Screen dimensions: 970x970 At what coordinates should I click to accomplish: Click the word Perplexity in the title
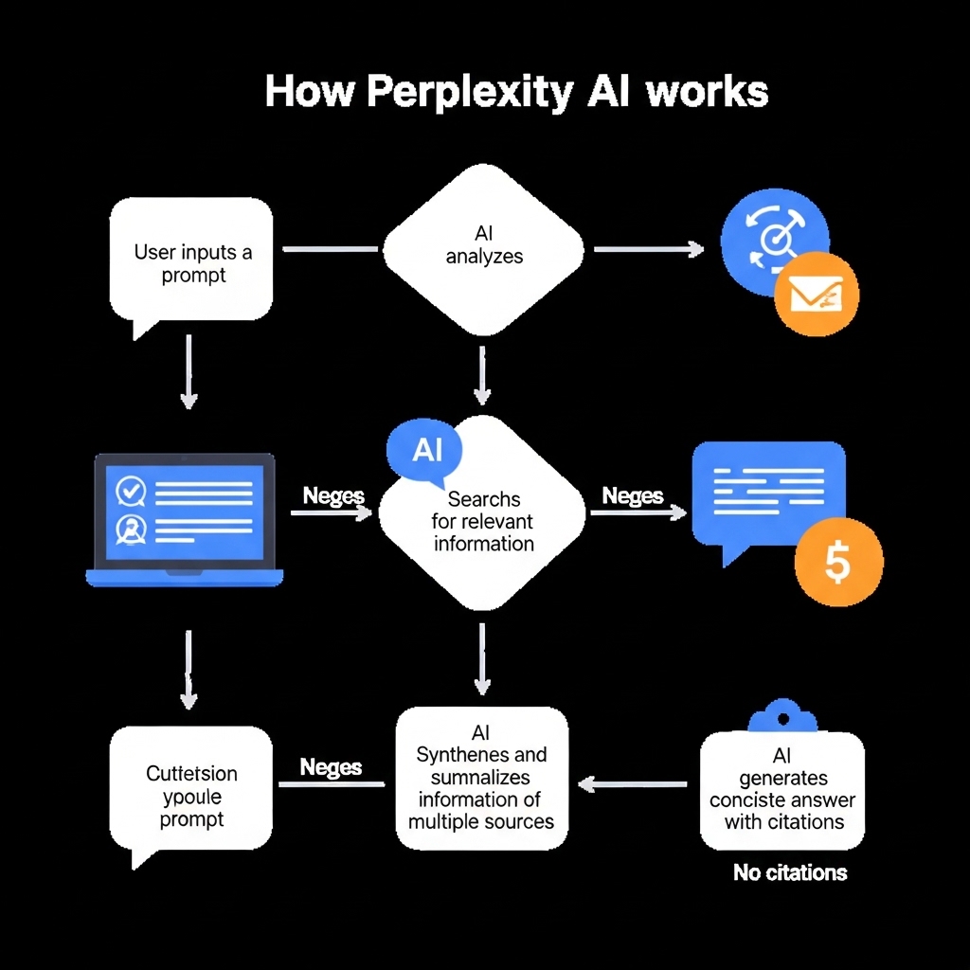coord(469,94)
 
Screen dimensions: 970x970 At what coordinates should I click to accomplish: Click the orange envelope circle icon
coord(816,294)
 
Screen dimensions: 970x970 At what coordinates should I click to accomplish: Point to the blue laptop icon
coord(185,519)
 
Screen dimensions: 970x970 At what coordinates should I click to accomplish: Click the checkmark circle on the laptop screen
coord(129,491)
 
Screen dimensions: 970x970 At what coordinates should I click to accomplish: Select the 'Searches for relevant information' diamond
coord(483,521)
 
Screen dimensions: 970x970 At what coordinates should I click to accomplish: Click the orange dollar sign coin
coord(838,561)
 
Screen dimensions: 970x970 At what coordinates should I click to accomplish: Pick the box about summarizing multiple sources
coord(481,777)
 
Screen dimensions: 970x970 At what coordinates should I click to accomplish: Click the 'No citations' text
coord(790,872)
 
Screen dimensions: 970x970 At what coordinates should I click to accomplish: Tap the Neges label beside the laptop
coord(333,495)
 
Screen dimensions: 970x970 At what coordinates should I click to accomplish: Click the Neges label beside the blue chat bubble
coord(633,495)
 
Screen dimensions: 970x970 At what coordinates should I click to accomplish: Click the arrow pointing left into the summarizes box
coord(633,783)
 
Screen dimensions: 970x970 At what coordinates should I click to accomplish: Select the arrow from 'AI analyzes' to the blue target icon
coord(648,249)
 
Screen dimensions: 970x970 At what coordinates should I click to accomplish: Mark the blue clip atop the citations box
coord(781,716)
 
